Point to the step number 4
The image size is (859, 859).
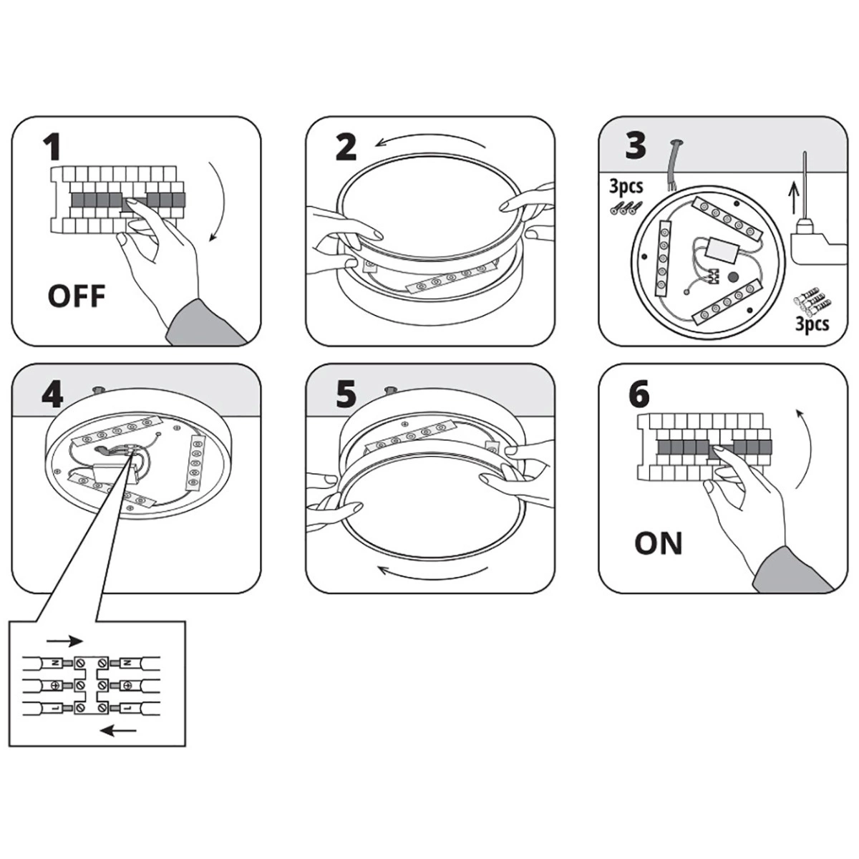pos(52,394)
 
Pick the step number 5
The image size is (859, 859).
pos(345,393)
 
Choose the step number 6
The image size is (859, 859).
pos(639,394)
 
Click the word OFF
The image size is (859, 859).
pos(76,295)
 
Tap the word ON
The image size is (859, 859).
pos(658,543)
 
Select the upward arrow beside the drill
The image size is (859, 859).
pos(792,194)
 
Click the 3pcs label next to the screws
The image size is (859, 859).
pos(626,187)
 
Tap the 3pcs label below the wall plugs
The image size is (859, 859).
pos(812,324)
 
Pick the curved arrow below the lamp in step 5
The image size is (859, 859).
pos(434,571)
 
